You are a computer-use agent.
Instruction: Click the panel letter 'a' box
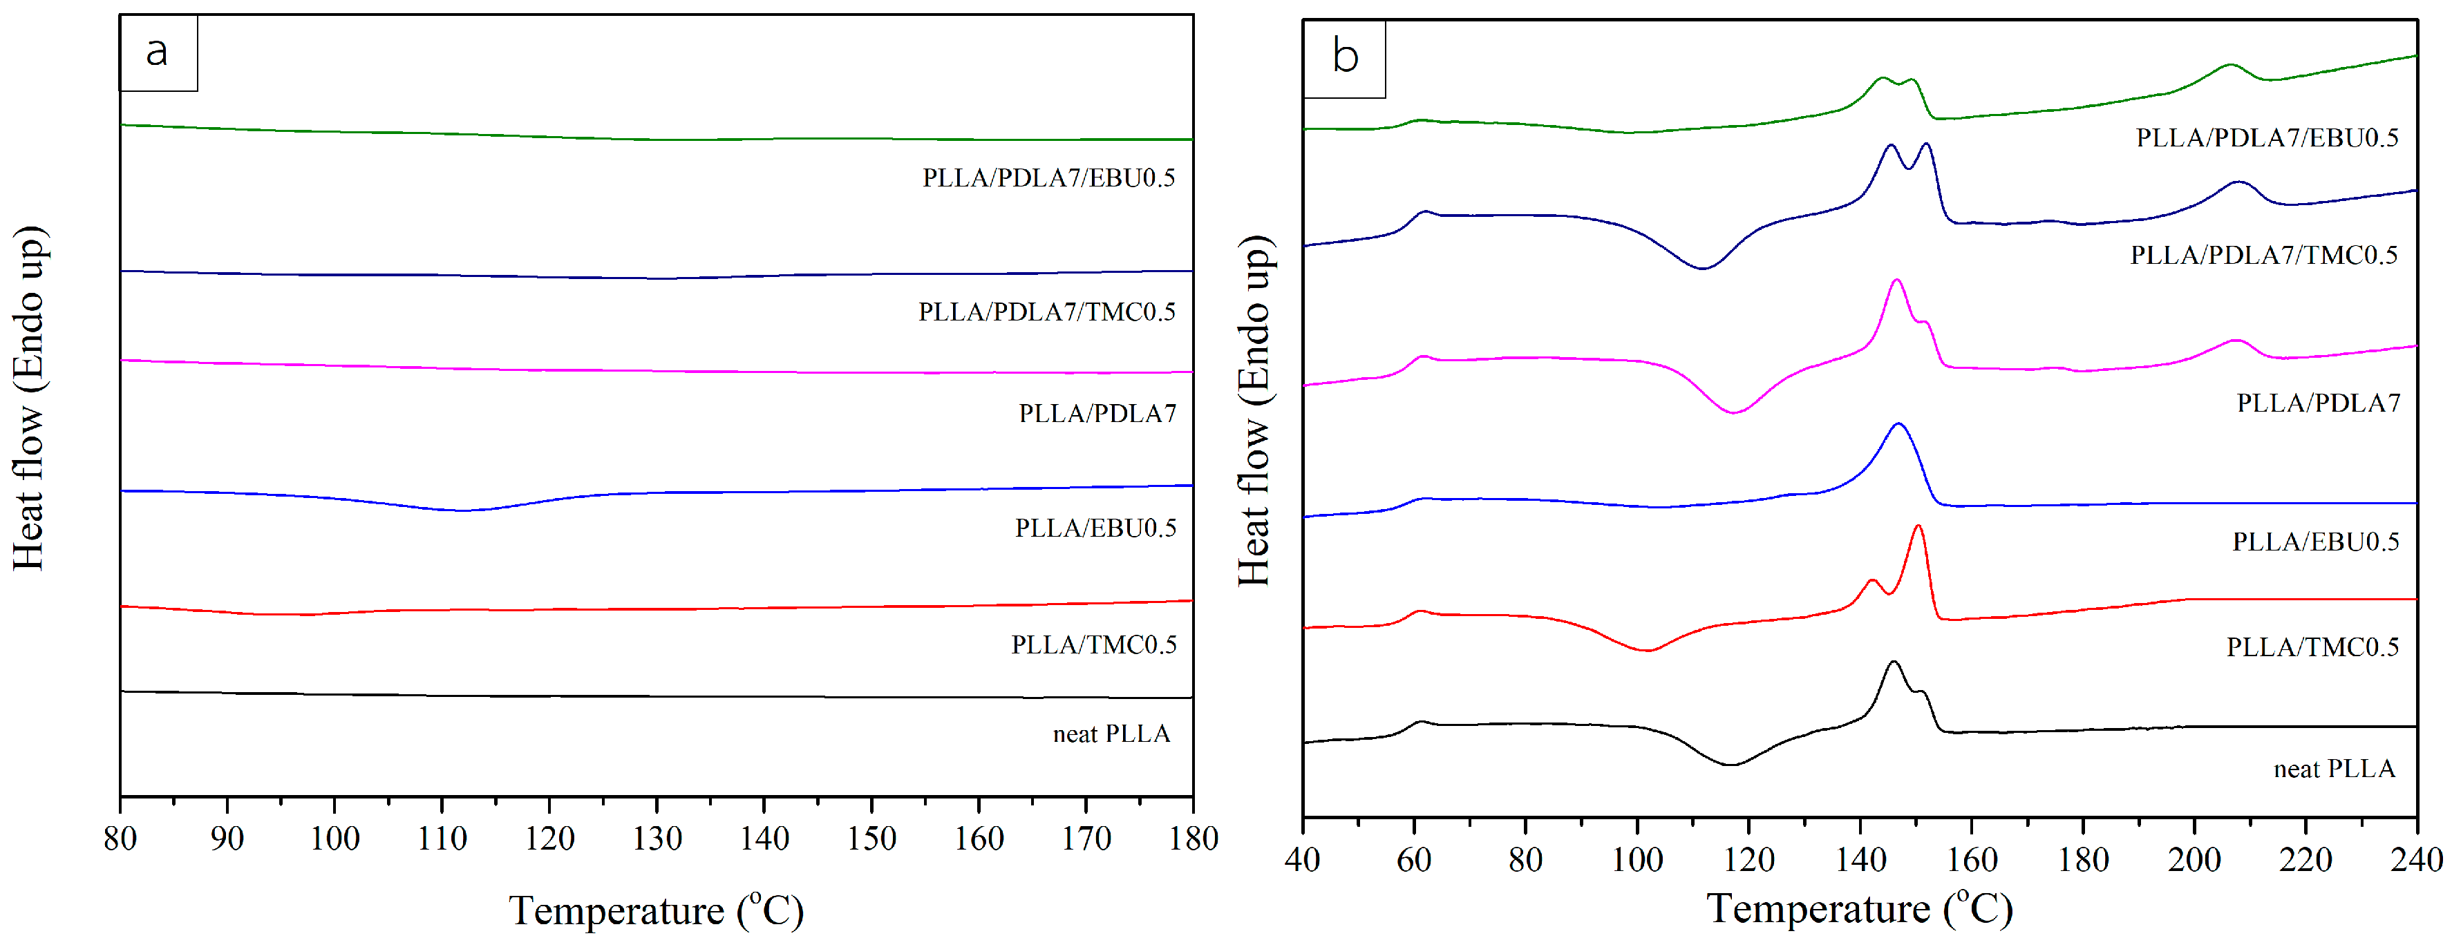coord(158,52)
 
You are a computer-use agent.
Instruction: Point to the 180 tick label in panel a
coord(1194,839)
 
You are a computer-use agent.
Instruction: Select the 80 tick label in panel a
coord(120,839)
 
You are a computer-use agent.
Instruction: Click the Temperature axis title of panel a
coord(657,911)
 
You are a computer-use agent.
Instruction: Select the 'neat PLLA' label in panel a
coord(1111,734)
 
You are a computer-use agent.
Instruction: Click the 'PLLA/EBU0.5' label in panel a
coord(1095,528)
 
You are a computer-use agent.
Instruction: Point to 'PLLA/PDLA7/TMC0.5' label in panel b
coord(2263,255)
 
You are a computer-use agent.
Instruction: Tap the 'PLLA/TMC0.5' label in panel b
coord(2312,647)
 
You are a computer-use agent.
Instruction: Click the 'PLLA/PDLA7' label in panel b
coord(2318,403)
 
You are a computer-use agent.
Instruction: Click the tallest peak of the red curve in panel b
coord(1917,526)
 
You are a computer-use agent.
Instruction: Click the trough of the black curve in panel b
coord(1730,764)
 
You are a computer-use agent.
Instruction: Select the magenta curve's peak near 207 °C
coord(2236,340)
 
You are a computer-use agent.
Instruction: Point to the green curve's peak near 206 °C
coord(2229,65)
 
